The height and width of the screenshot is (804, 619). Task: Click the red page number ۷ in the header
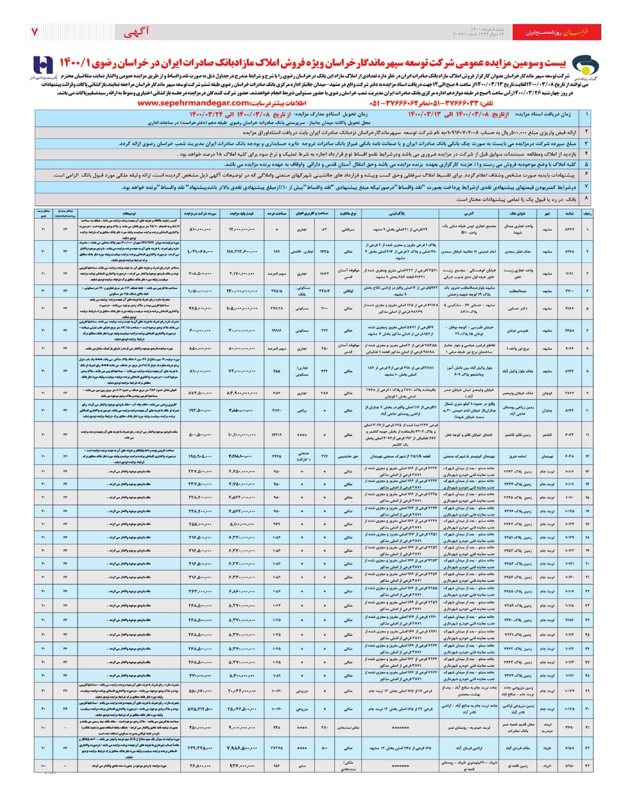pos(35,32)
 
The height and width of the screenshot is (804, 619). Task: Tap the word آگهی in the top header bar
pos(136,32)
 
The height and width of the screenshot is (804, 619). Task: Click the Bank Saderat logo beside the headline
pos(44,67)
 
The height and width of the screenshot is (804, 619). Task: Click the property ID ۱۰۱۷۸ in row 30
pos(569,709)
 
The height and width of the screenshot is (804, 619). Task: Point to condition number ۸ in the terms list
pos(587,198)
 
